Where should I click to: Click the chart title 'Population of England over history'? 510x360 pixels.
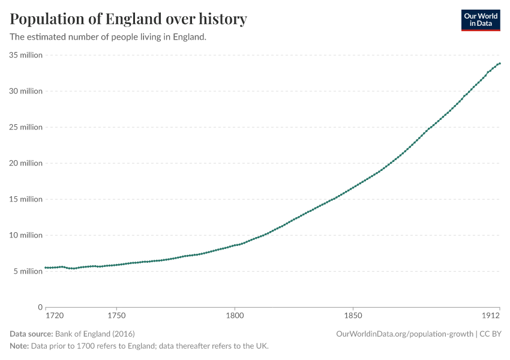(128, 19)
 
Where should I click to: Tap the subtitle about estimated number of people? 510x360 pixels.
(108, 37)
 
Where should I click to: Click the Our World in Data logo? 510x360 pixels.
(480, 20)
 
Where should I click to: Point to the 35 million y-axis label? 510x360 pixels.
(26, 55)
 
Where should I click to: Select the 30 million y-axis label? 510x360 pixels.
(26, 91)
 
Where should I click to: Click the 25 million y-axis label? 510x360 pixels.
(26, 127)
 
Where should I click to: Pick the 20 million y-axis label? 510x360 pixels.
(26, 163)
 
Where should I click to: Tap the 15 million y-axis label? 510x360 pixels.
(26, 199)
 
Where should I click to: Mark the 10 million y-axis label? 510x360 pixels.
(26, 235)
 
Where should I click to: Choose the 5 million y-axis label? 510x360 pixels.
(28, 271)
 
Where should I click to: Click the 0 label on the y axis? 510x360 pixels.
(40, 307)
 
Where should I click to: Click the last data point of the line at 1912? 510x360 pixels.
(500, 64)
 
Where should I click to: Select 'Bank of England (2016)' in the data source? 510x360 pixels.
(95, 334)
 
